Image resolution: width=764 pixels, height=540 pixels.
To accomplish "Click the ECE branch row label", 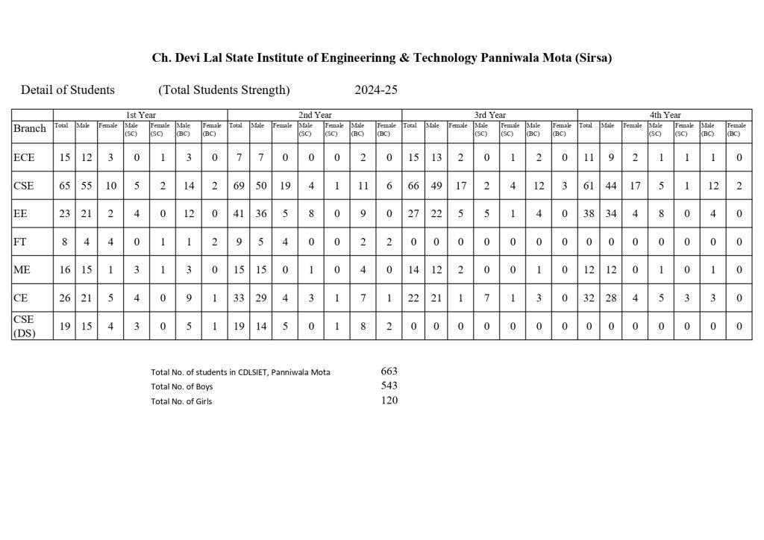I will tap(24, 157).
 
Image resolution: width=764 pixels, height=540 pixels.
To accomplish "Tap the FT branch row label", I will tap(22, 242).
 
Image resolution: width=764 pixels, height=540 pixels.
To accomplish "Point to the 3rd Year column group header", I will tap(490, 115).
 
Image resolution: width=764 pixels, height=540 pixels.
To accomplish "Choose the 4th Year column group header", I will tap(665, 115).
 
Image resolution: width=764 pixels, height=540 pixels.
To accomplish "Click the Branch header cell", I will tap(31, 128).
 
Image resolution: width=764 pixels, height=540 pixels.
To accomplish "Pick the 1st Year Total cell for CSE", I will tap(65, 186).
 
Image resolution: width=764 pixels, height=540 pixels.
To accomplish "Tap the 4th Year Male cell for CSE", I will tap(610, 186).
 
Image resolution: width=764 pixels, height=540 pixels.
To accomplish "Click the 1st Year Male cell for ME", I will tap(85, 270).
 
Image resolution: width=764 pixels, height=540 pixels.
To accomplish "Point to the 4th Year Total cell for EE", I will tap(588, 214).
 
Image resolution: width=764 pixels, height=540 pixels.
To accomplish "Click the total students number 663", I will tap(389, 371).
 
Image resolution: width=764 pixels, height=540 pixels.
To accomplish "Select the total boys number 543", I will tap(389, 386).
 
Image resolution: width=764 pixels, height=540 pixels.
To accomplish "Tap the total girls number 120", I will tap(389, 401).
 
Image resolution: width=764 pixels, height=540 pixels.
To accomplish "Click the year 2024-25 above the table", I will tap(376, 90).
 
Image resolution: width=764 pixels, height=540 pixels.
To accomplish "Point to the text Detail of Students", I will tap(68, 90).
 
